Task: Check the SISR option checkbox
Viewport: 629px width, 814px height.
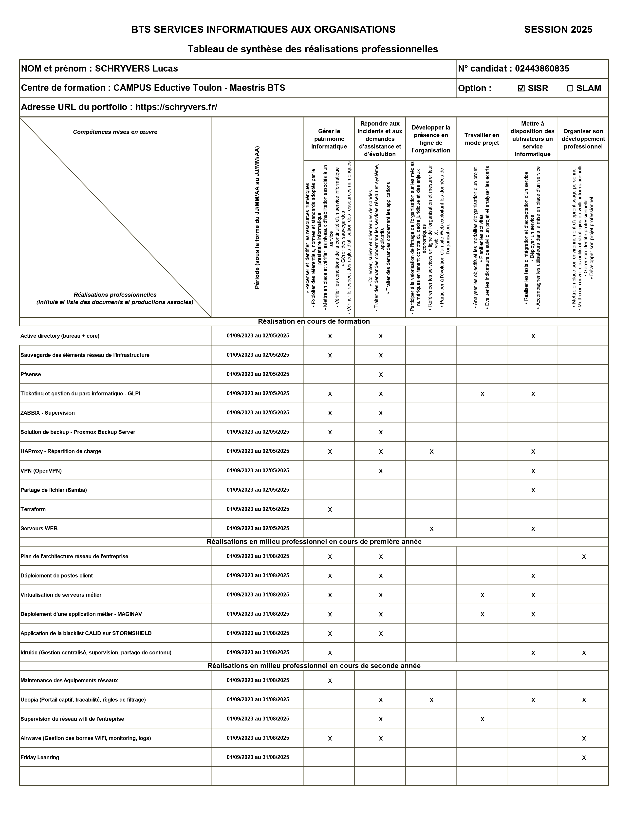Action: coord(521,88)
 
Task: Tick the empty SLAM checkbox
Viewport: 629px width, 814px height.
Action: coord(570,88)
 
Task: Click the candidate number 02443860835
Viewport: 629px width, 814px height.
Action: coord(542,69)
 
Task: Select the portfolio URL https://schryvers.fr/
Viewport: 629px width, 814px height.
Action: coord(176,107)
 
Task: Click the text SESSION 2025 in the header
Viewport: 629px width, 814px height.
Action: coord(558,29)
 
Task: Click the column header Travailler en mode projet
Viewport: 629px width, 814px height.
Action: coord(481,139)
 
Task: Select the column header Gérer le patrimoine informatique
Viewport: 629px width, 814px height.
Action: coord(329,139)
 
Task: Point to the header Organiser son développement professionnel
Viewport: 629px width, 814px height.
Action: coord(583,139)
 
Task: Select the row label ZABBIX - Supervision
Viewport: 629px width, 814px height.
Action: coord(48,413)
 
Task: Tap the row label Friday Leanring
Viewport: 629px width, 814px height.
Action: coord(40,757)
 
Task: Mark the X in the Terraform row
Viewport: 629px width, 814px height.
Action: coord(330,510)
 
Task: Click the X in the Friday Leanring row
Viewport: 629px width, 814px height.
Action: coord(584,758)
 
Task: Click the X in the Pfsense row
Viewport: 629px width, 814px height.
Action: coord(380,375)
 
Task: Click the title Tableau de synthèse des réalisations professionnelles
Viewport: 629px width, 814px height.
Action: coord(313,49)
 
